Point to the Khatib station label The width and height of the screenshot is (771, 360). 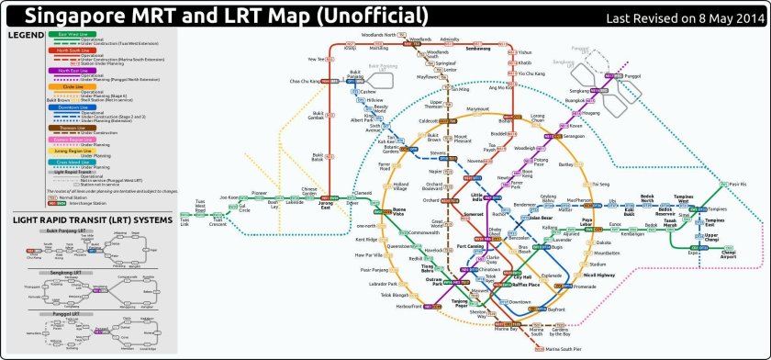click(x=525, y=62)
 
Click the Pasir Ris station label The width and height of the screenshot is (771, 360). click(x=737, y=184)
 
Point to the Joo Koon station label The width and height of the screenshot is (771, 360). click(x=228, y=197)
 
